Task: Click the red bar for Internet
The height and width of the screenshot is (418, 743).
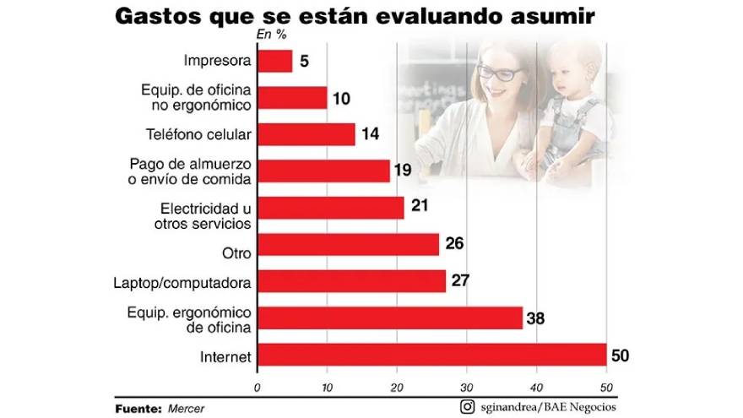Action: [431, 355]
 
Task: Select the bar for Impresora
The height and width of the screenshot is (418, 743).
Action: [274, 61]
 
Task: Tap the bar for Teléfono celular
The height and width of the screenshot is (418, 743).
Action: [306, 134]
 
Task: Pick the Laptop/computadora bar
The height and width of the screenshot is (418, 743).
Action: [351, 281]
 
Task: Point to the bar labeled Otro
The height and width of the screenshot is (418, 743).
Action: [348, 245]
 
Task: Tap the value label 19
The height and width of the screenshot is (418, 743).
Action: [403, 170]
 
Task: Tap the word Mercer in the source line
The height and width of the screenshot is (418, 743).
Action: [185, 409]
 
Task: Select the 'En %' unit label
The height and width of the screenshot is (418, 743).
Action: [271, 35]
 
